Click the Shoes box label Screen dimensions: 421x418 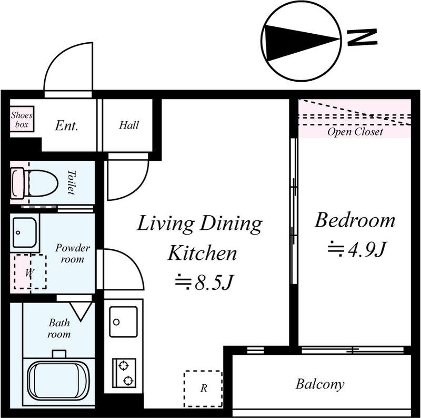22,120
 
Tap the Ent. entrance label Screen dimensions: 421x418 67,125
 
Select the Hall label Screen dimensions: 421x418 129,125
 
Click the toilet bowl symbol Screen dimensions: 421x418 34,183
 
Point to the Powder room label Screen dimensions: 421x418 73,254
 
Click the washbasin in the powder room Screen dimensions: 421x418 25,232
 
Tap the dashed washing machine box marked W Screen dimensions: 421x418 30,271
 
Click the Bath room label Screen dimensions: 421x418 59,328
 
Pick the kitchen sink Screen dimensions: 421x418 124,322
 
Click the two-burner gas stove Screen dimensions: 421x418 124,373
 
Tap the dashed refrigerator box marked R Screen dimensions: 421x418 203,389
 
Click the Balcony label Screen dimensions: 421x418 320,384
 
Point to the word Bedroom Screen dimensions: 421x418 355,220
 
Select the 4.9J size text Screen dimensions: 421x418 357,249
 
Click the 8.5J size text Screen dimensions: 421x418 203,282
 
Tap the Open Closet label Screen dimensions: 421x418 355,132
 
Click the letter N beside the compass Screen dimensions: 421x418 362,37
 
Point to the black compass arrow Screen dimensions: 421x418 301,42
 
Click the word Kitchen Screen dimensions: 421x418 202,253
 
